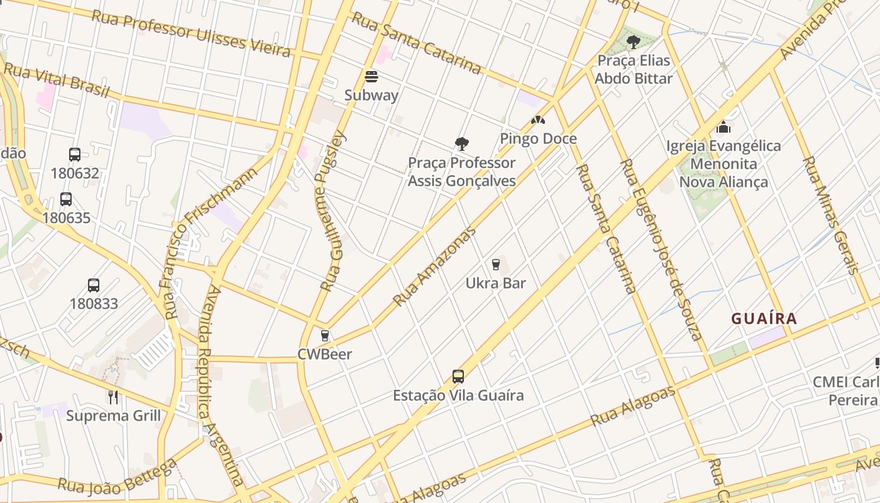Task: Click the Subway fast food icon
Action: [x=371, y=77]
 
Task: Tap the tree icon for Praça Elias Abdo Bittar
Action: [x=634, y=42]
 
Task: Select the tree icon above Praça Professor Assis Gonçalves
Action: [x=462, y=144]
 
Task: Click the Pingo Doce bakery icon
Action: [x=537, y=119]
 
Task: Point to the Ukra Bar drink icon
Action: [x=496, y=264]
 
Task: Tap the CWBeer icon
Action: [x=325, y=336]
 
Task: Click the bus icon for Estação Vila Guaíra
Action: [x=458, y=377]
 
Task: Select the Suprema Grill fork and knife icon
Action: [x=113, y=397]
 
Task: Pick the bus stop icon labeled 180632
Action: [x=75, y=154]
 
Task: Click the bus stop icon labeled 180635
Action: [x=66, y=199]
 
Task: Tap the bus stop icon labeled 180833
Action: [x=94, y=285]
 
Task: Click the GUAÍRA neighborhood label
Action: [x=764, y=319]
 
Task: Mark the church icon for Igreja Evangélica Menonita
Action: [x=723, y=127]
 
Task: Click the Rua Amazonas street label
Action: [x=434, y=267]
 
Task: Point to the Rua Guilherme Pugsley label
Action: [x=333, y=211]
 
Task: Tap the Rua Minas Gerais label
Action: [x=830, y=216]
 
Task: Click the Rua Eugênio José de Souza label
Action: [x=661, y=249]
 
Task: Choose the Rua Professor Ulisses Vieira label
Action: [x=191, y=33]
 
